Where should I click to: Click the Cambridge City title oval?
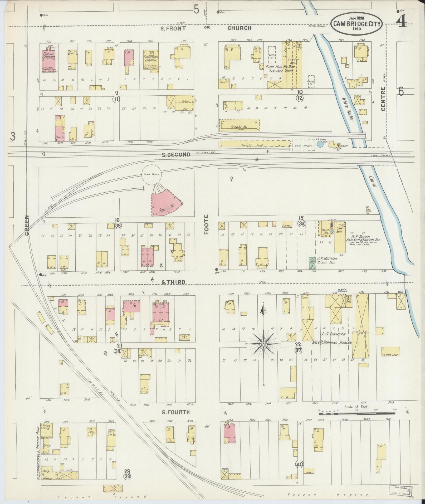click(x=357, y=24)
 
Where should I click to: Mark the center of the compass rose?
click(x=263, y=344)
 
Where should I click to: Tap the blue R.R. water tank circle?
click(x=320, y=144)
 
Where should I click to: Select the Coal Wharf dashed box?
click(x=303, y=145)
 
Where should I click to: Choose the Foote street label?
click(x=206, y=224)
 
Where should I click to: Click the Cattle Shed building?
click(x=391, y=351)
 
